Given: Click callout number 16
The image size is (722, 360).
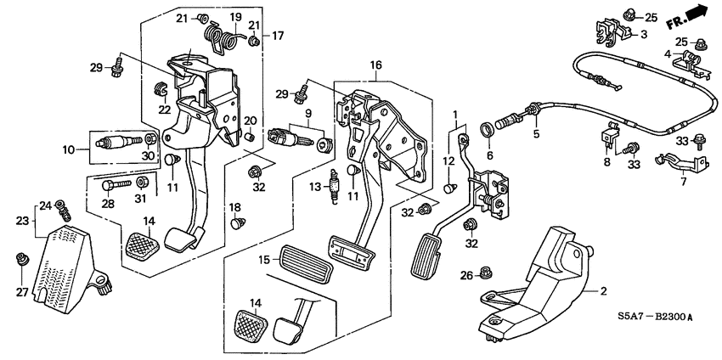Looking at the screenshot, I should pyautogui.click(x=376, y=65).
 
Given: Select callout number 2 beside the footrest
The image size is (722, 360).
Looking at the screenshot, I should pyautogui.click(x=603, y=291).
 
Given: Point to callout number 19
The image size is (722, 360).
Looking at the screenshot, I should pyautogui.click(x=234, y=17).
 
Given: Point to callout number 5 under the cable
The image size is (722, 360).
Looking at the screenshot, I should pyautogui.click(x=536, y=133).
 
